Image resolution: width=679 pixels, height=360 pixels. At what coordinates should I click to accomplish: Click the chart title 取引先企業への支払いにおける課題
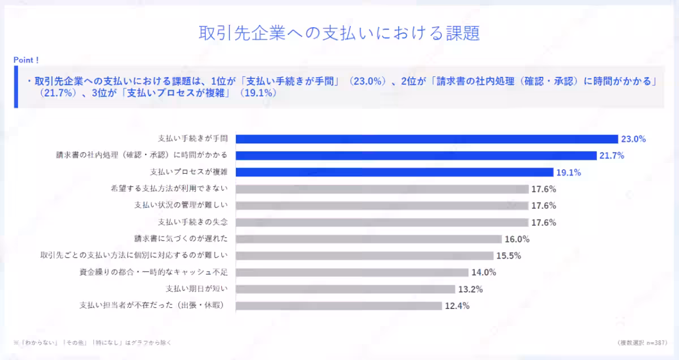tap(339, 33)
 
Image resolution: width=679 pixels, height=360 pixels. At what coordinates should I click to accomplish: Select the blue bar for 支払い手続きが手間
tap(426, 139)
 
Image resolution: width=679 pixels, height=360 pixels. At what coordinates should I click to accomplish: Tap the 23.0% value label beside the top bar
tap(633, 139)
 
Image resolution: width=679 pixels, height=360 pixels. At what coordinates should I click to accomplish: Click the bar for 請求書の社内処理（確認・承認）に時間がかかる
tap(416, 156)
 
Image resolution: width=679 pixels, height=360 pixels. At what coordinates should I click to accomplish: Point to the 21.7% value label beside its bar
tap(613, 156)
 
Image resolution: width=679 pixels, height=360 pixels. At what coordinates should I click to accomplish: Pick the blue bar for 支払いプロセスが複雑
tap(394, 173)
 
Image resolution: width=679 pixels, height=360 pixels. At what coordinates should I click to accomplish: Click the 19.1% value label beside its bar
tap(569, 173)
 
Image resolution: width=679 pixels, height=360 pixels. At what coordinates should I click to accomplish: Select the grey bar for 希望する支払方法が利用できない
tap(381, 189)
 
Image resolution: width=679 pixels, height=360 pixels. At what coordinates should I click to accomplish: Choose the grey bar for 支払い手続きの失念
tap(381, 222)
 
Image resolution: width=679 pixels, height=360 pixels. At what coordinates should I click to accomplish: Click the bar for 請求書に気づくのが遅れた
tap(368, 239)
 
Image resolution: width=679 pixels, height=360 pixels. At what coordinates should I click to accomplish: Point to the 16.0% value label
tap(517, 239)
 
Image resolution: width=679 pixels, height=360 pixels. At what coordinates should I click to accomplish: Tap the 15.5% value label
tap(508, 255)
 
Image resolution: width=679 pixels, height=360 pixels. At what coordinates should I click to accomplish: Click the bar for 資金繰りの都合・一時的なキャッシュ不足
tap(352, 272)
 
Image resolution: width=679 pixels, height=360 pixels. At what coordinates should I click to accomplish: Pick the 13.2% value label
tap(470, 289)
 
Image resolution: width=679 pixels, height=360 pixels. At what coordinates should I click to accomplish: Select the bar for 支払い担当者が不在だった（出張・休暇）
tap(338, 306)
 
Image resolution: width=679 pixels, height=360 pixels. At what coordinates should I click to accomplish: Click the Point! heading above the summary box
tap(26, 59)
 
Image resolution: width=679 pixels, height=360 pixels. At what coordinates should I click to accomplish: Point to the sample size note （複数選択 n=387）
tap(642, 342)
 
